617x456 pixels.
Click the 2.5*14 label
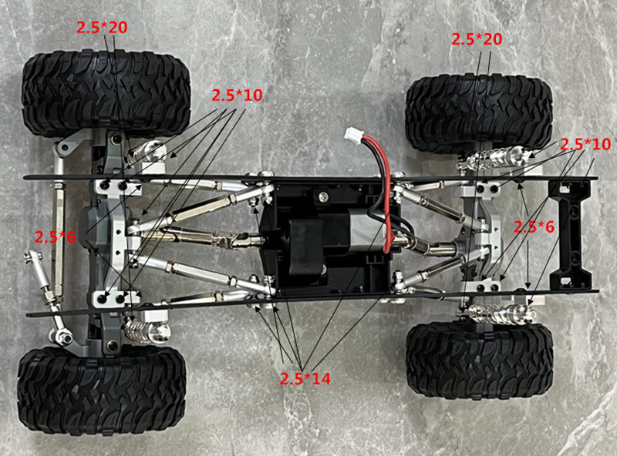click(x=305, y=378)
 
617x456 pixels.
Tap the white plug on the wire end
click(x=352, y=135)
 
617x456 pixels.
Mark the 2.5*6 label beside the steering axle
click(x=55, y=237)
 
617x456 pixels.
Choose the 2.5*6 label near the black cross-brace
click(x=534, y=226)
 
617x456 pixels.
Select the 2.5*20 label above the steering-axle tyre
click(x=102, y=27)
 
